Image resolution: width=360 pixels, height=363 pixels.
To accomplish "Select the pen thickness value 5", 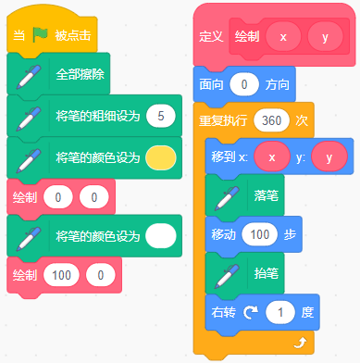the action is coord(162,116).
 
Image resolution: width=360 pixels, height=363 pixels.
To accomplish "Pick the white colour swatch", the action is coord(162,235).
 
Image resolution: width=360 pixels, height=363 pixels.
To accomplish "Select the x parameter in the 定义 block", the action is coord(284,38).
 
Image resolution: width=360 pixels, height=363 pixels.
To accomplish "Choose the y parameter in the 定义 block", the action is coord(325,38).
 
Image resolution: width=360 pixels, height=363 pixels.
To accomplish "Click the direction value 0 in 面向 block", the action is coord(243,84).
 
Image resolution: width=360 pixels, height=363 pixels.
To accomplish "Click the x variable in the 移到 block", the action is coord(272,156).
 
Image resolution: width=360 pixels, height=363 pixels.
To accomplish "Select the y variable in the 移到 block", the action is coord(329,156).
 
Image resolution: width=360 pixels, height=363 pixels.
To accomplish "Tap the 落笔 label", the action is coord(264,196).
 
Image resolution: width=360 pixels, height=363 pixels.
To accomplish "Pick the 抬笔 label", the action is coord(264,275).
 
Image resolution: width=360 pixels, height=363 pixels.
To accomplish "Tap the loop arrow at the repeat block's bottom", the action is coord(299,344).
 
